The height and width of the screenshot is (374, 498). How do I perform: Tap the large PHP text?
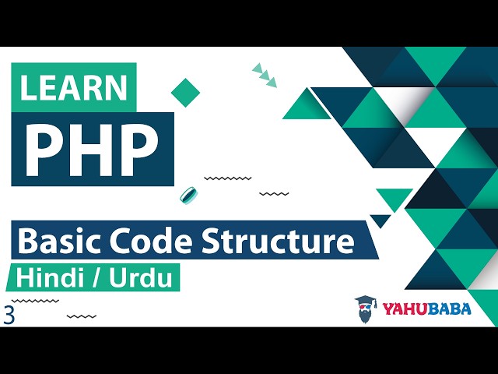coord(89,146)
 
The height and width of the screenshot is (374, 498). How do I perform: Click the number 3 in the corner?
coord(9,316)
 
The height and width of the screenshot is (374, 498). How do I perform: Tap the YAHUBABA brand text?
coord(426,309)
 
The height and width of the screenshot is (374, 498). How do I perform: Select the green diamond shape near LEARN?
coord(185,92)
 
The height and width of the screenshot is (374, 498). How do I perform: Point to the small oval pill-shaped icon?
coord(188,194)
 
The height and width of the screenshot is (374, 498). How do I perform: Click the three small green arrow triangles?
coord(265,74)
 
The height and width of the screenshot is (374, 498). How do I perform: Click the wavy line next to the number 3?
coord(81,316)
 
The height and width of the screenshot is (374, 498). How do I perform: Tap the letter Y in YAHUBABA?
coord(388,309)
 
